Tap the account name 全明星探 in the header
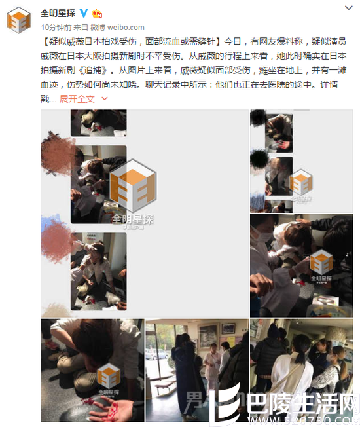pos(58,12)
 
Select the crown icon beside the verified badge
pos(97,12)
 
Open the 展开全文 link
pos(77,98)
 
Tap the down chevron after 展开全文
pos(104,98)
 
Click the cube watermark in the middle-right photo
pos(321,262)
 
